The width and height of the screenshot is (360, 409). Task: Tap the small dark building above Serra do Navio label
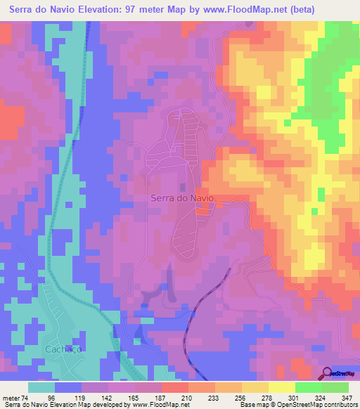[184, 187]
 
